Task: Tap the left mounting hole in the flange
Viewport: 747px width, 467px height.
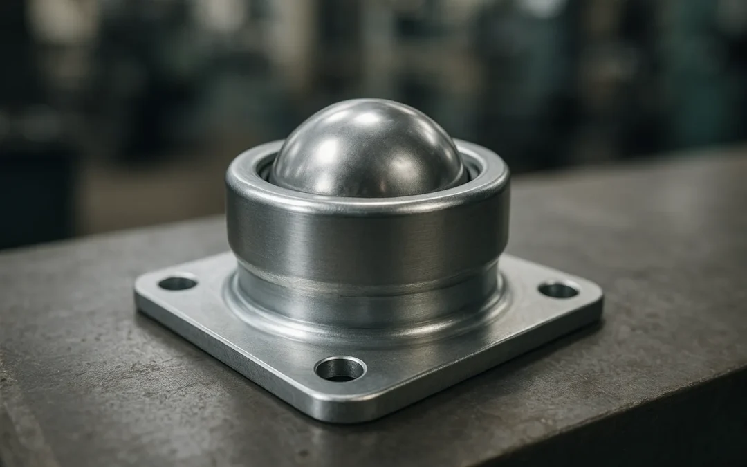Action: (x=177, y=282)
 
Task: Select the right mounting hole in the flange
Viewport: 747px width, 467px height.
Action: (x=558, y=289)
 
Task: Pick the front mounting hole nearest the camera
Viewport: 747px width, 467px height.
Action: (x=340, y=369)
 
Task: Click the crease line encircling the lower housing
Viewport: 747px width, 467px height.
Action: (x=367, y=280)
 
